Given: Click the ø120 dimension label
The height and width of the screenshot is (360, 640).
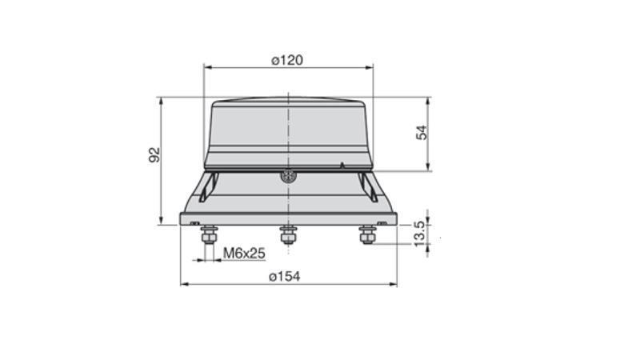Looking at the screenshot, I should point(287,60).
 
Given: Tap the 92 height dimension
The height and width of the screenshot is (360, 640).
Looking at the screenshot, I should point(155,154).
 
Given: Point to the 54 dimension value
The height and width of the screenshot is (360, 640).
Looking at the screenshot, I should point(422,132).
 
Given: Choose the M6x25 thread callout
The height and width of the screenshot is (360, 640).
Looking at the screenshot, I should point(244,253).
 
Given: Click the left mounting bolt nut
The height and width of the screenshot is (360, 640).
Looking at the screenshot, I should point(210,234).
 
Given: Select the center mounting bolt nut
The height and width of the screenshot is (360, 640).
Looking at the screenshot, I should point(288,234).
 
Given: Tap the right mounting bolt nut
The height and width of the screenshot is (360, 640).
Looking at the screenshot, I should point(367,234).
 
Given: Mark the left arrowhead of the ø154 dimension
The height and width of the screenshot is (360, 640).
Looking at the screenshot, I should point(184,284).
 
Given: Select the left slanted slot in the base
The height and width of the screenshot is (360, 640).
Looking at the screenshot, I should point(209,186).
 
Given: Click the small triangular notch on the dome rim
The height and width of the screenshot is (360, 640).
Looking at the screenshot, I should point(342,165).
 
